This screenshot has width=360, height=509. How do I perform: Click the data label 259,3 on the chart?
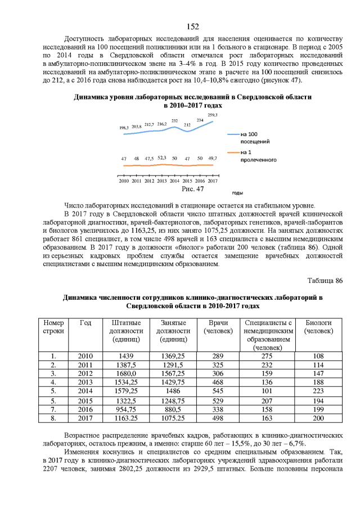tap(213, 115)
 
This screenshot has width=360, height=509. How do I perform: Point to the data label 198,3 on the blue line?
tap(124, 128)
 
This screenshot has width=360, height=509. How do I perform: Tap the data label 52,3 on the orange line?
tap(161, 158)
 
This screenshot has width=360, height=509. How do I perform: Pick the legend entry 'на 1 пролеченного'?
tap(258, 156)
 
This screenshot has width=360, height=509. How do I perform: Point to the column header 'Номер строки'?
tap(53, 327)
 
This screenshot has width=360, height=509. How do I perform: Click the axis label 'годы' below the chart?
tap(237, 192)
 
